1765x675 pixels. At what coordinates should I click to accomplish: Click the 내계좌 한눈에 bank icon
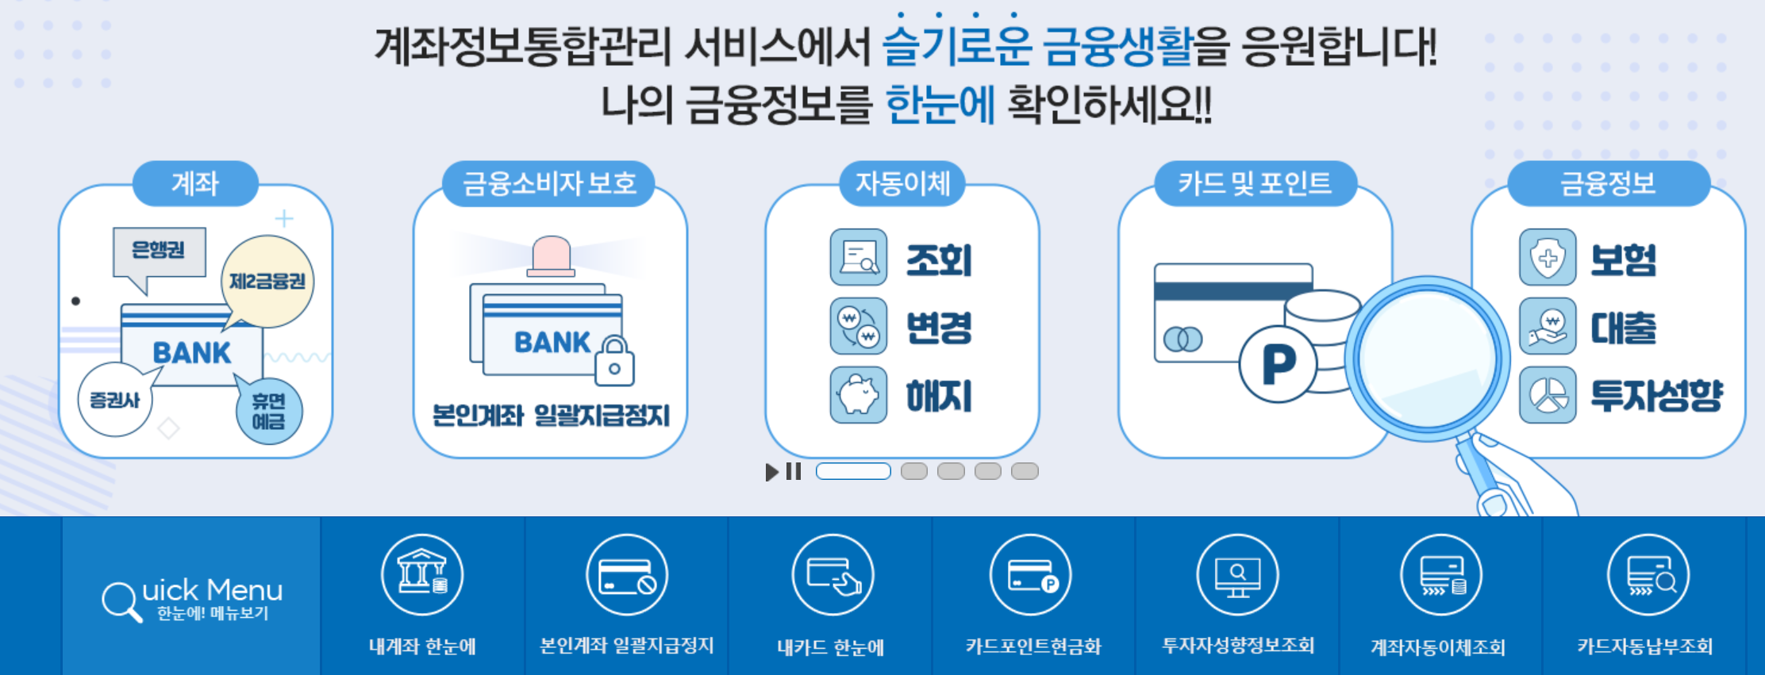(x=422, y=575)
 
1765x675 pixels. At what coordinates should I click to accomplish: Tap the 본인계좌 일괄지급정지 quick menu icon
(x=626, y=575)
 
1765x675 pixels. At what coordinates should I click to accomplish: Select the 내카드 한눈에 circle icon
(x=833, y=575)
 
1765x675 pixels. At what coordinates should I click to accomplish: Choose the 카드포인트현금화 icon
(x=1031, y=575)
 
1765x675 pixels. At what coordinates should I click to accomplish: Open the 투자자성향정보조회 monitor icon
(x=1237, y=575)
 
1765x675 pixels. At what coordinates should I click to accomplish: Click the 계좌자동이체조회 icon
(x=1440, y=575)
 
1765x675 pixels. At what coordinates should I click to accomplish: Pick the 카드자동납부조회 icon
(x=1648, y=575)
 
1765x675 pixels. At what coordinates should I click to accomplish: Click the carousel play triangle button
(x=771, y=472)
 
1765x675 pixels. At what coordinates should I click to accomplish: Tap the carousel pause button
(x=794, y=472)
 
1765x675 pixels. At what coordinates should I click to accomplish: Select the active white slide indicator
(x=853, y=471)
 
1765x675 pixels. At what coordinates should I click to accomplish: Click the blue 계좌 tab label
(x=195, y=184)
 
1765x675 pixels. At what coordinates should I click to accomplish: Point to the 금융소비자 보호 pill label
(x=549, y=184)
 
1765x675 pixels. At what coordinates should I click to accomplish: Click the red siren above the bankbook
(x=552, y=255)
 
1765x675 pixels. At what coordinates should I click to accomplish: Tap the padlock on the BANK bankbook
(x=614, y=361)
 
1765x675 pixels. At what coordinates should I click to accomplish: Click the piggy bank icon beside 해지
(x=858, y=395)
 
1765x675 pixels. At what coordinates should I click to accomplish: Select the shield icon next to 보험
(x=1548, y=258)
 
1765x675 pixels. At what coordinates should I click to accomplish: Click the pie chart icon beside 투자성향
(x=1548, y=395)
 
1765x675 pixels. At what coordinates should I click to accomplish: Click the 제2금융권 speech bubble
(x=267, y=282)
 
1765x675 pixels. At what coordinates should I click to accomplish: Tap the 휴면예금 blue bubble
(x=268, y=411)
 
